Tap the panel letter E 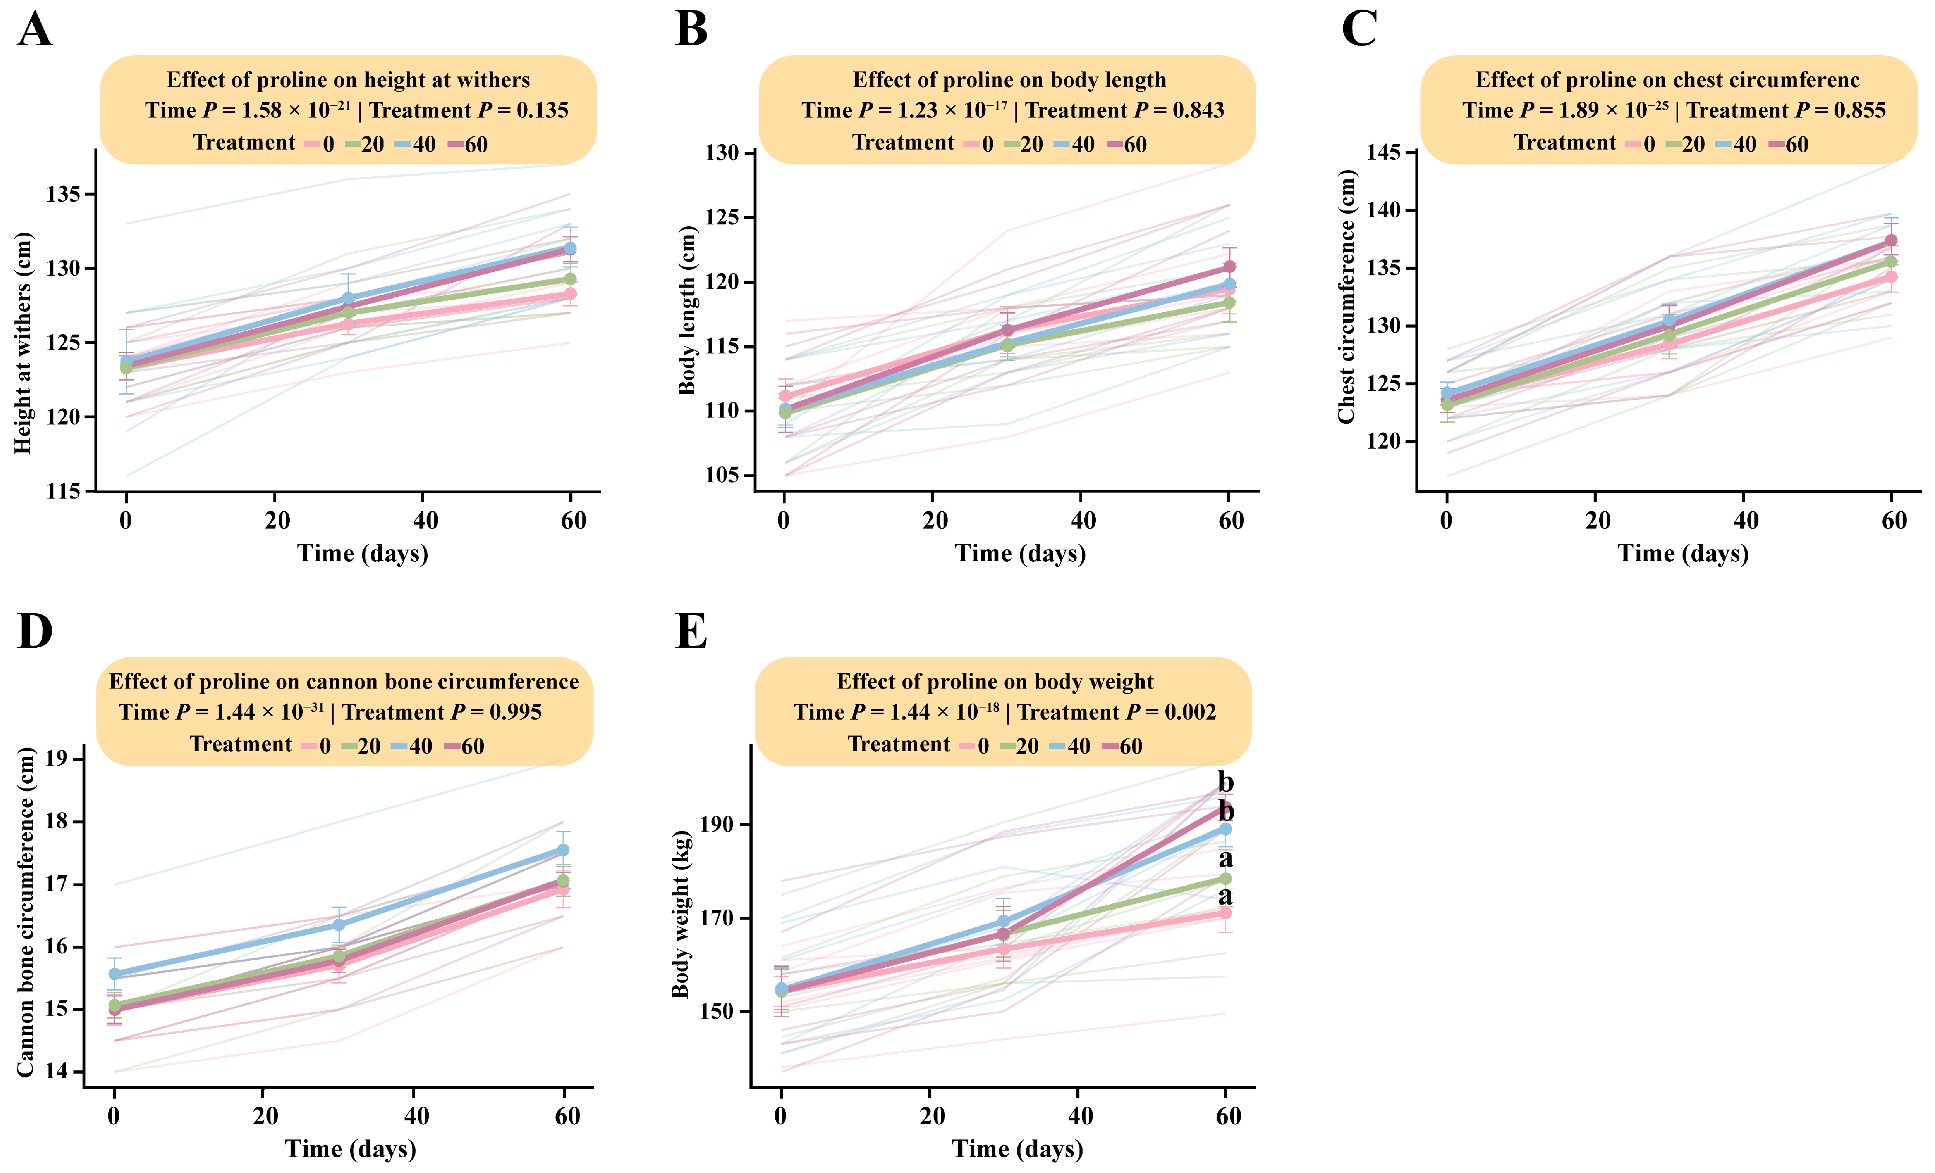coord(691,631)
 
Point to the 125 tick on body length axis coord(722,217)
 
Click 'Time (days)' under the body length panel coord(1020,554)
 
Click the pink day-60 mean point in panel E coord(1225,913)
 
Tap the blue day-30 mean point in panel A coord(348,299)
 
